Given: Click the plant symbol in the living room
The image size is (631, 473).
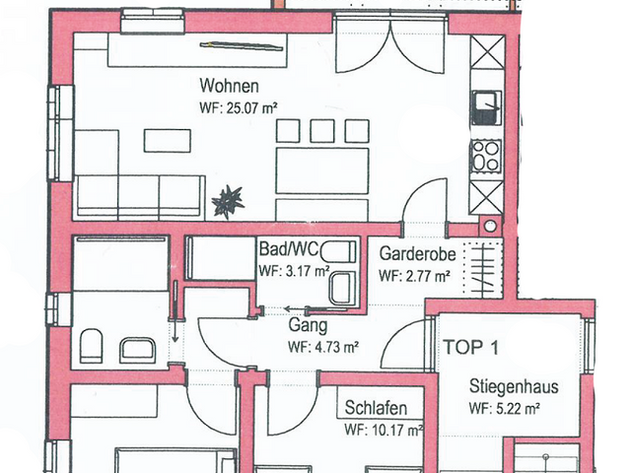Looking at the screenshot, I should click(227, 201).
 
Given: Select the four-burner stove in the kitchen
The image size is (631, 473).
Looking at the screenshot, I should click(486, 155).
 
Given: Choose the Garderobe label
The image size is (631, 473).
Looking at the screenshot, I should click(415, 253).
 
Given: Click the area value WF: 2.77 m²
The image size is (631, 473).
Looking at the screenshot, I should click(415, 276).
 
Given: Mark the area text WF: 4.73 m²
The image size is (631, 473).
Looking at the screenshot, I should click(322, 347).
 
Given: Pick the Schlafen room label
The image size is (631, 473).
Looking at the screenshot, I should click(377, 408).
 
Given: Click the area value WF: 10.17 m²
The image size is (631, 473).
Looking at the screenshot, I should click(384, 430).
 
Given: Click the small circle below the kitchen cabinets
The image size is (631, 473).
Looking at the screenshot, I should click(487, 226).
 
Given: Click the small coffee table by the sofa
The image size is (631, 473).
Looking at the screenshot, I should click(167, 141).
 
